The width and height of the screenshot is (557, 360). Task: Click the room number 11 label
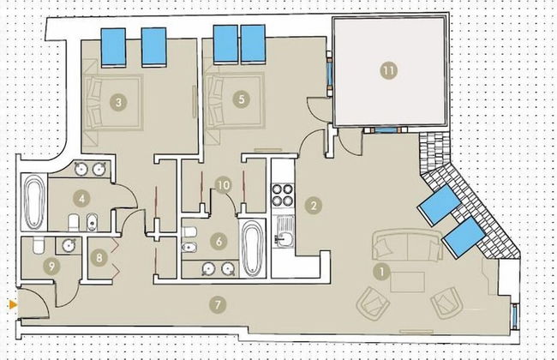389,70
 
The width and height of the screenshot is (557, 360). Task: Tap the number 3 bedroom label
118,102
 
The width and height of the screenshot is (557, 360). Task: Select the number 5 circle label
242,99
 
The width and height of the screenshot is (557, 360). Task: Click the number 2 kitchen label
314,206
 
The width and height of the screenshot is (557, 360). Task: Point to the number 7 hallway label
218,304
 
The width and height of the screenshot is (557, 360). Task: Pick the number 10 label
224,185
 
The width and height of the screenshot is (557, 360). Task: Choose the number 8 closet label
99,257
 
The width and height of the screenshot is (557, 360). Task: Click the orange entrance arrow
14,304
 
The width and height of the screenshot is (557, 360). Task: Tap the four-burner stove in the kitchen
283,195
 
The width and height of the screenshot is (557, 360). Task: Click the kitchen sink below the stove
284,231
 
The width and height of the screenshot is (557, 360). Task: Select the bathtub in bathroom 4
34,202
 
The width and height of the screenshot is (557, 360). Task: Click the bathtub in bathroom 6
252,248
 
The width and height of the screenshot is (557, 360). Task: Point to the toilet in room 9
39,245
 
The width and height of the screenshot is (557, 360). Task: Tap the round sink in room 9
69,245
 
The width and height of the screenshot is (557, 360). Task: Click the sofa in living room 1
407,245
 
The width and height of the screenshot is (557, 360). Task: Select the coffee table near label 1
407,282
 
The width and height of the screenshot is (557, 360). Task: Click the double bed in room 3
112,102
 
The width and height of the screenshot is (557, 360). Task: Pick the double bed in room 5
236,101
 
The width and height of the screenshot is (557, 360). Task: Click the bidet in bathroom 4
92,223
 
